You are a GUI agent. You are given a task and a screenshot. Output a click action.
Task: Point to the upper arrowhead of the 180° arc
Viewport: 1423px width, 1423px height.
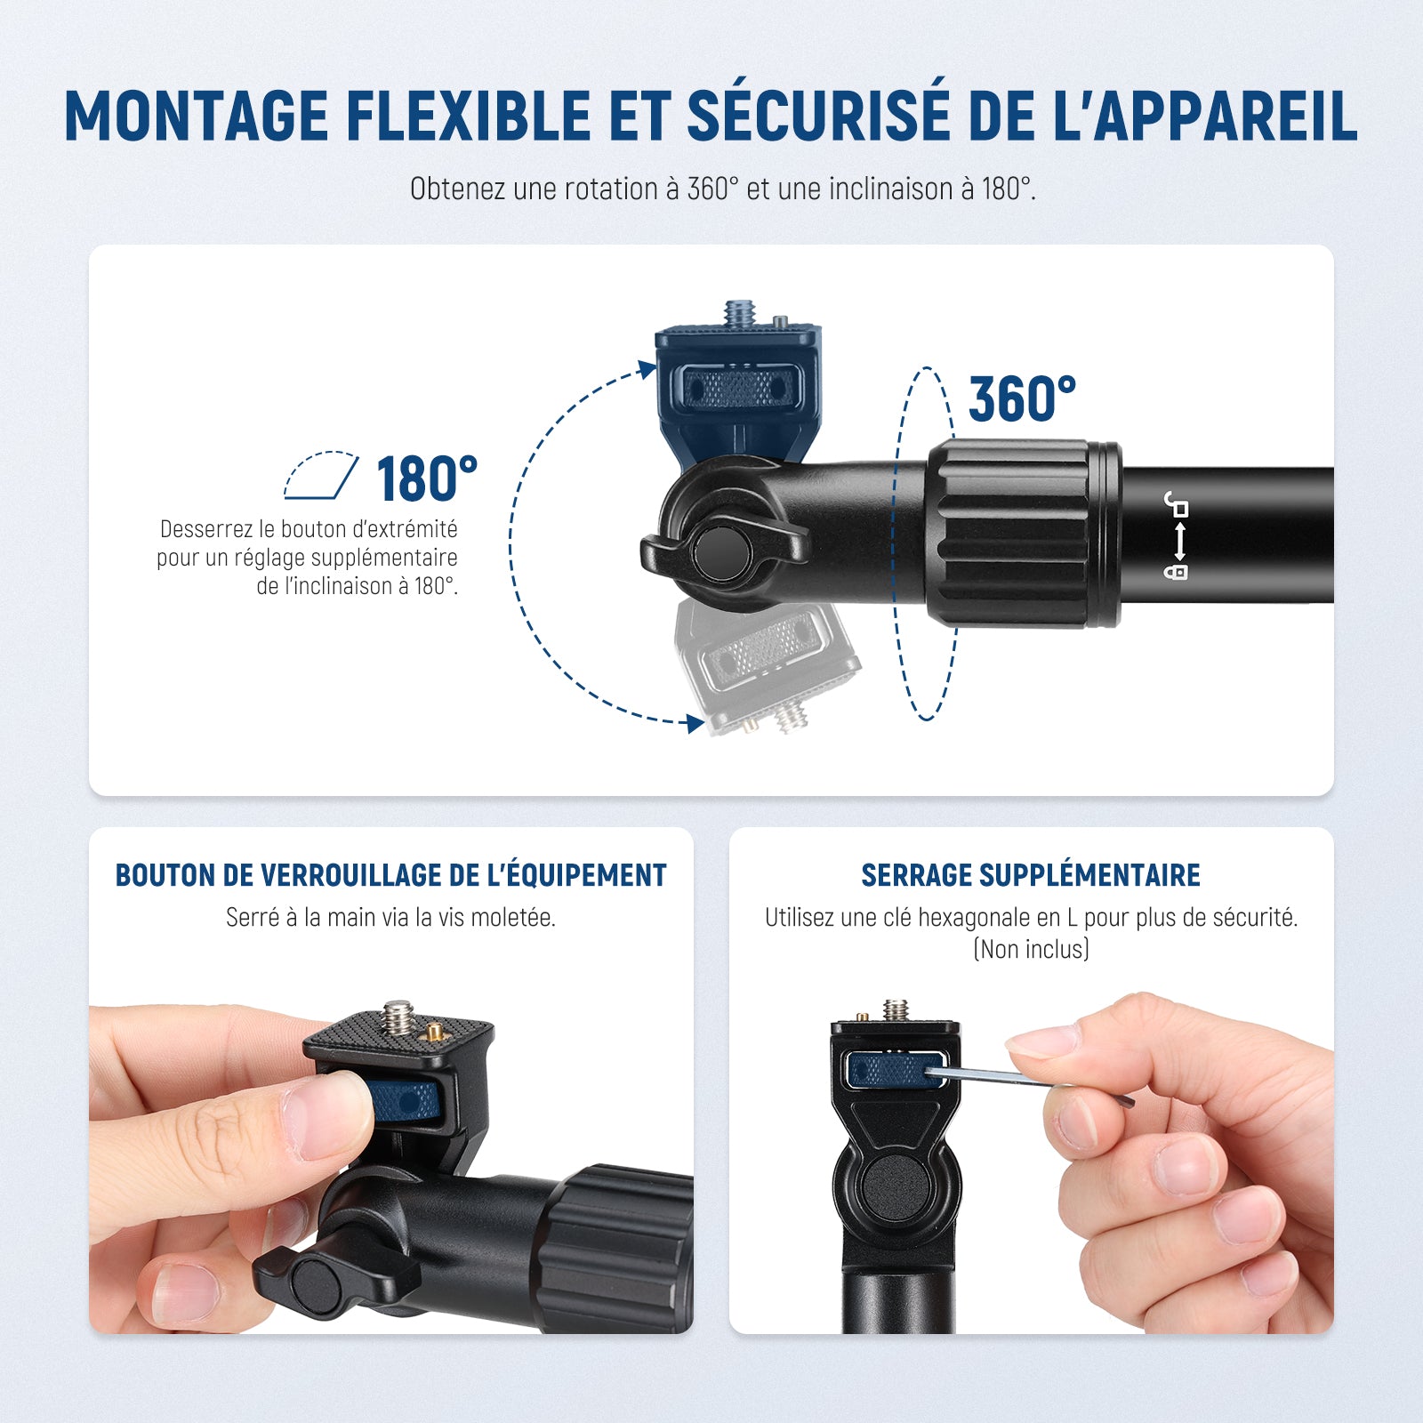pyautogui.click(x=647, y=369)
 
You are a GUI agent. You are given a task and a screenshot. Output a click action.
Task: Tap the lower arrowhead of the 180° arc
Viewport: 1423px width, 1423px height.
pyautogui.click(x=695, y=723)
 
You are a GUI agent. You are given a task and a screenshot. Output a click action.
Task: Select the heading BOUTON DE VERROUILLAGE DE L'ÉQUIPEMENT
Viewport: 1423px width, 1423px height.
pyautogui.click(x=390, y=875)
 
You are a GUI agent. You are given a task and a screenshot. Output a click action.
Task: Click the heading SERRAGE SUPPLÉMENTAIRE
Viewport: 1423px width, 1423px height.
pyautogui.click(x=1031, y=875)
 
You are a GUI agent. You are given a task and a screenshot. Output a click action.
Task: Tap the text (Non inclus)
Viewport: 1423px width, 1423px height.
pyautogui.click(x=1032, y=949)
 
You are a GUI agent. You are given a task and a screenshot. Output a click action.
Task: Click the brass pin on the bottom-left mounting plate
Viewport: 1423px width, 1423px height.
pyautogui.click(x=433, y=1033)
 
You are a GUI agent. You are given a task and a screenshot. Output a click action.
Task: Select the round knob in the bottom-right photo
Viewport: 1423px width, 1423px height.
pyautogui.click(x=897, y=1187)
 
